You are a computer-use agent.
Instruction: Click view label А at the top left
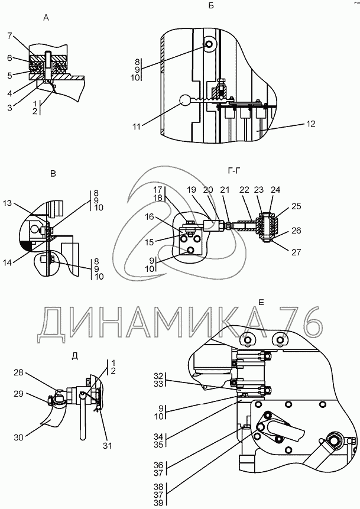click(46, 18)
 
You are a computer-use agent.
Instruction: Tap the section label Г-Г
click(234, 172)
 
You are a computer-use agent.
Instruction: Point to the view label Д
click(74, 355)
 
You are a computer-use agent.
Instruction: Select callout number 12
click(311, 124)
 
